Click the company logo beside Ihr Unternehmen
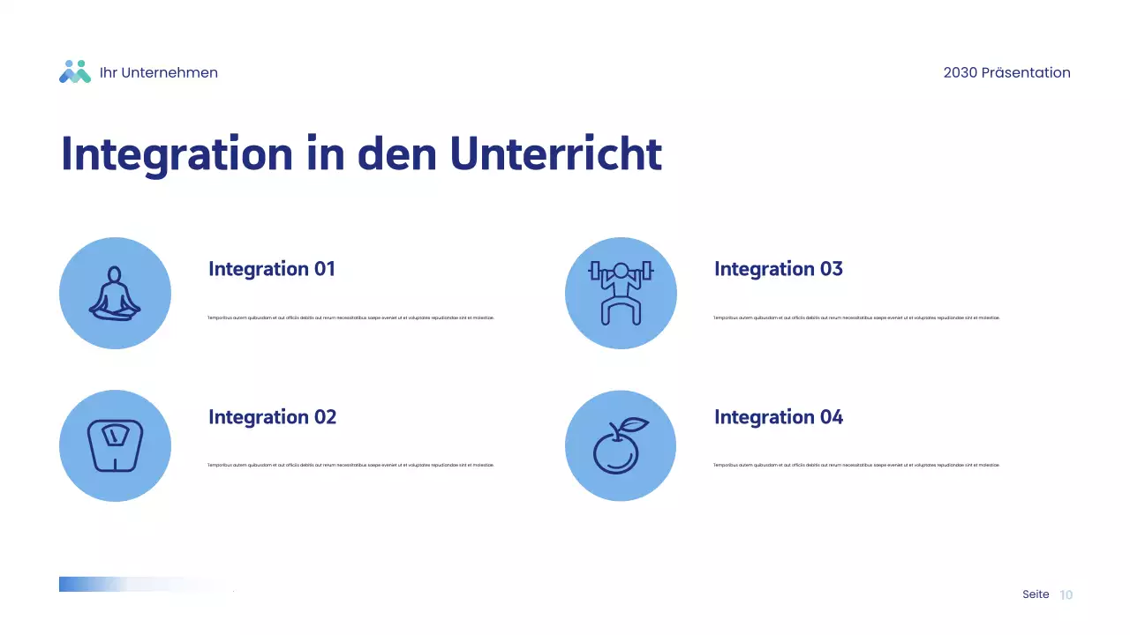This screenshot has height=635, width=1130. pos(75,72)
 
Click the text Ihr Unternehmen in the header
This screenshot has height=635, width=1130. pos(159,73)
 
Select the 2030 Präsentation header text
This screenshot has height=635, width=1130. pos(1006,73)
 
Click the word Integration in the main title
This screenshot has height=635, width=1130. pos(176,154)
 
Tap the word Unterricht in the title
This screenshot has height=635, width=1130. pos(555,154)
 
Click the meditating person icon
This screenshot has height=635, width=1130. pos(115,294)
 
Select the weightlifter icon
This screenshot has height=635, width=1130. pos(621,293)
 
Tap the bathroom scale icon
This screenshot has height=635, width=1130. pos(115,445)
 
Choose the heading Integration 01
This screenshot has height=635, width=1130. pos(272,269)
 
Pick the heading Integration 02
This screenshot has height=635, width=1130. pos(272,417)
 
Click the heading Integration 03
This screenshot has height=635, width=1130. pos(778,269)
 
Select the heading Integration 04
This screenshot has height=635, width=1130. pos(778,417)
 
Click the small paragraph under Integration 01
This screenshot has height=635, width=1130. pos(350,317)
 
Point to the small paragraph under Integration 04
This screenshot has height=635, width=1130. pos(856,465)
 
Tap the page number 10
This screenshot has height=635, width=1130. pos(1066,595)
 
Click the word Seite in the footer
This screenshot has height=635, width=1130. pos(1036,594)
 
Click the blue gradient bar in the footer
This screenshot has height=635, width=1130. pos(97,584)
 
